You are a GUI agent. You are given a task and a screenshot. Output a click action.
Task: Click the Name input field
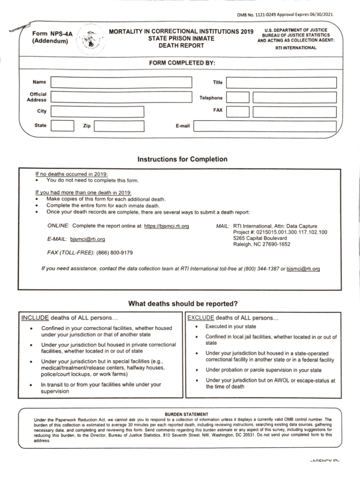point(121,82)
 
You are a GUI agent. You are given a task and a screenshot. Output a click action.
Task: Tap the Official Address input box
point(121,97)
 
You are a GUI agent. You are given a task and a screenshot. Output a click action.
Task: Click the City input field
point(97,111)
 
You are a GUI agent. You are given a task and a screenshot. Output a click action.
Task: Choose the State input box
point(62,126)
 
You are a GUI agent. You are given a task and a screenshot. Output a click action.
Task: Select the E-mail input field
point(265,126)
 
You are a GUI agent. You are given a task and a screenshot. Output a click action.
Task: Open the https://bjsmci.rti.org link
point(166,226)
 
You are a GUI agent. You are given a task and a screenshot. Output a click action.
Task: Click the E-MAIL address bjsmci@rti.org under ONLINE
point(87,239)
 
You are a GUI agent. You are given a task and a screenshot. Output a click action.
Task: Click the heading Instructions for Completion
point(182,159)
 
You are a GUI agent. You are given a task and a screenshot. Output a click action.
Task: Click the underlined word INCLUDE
point(35,319)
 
